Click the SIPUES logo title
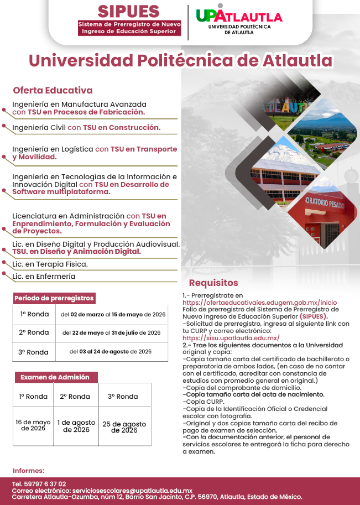[128, 11]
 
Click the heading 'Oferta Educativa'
[53, 90]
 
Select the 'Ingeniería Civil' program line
[86, 127]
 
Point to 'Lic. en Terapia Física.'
[50, 264]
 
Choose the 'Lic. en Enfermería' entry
[44, 276]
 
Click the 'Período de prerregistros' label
[54, 298]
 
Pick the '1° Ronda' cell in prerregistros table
[34, 314]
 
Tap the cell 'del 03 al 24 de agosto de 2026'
[111, 351]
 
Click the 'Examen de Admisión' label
[55, 377]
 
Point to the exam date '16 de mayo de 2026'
[33, 425]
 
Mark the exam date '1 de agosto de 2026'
[76, 426]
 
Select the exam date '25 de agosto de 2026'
[124, 427]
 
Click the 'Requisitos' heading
[213, 283]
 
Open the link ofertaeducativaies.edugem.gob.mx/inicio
[259, 303]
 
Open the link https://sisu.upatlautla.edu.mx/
[231, 337]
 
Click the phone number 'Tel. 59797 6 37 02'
[39, 484]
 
